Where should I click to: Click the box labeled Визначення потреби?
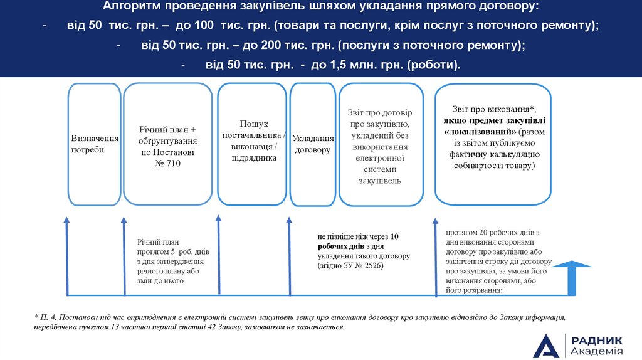click(x=94, y=144)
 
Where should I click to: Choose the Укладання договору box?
click(x=312, y=144)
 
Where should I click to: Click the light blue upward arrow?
click(x=572, y=278)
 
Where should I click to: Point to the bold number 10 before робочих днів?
click(x=394, y=237)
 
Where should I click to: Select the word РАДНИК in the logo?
click(x=597, y=339)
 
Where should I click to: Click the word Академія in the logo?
click(x=597, y=351)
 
